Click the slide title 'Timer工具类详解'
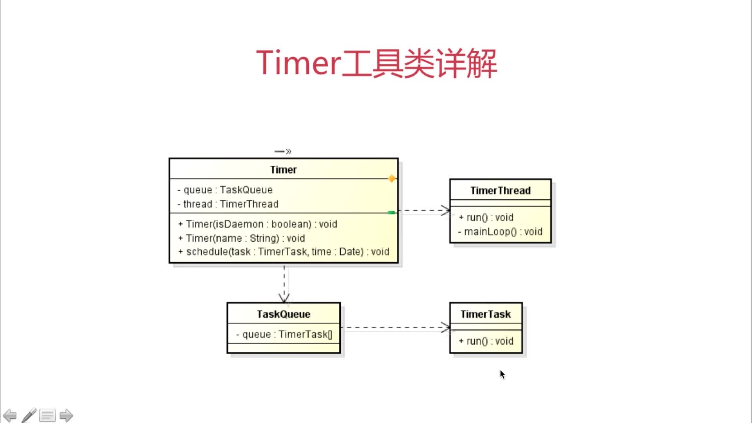(376, 63)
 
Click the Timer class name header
(283, 170)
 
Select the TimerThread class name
(500, 191)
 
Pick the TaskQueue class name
(284, 314)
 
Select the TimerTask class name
(486, 314)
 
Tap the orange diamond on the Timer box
(391, 179)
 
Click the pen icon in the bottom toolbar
(29, 415)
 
